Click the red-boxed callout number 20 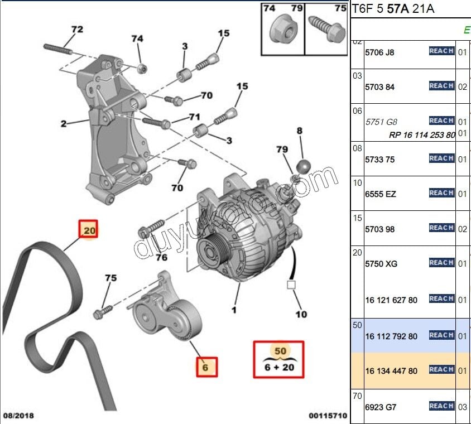[89, 229]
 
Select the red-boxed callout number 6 [205, 367]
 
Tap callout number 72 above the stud [76, 29]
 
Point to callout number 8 [300, 131]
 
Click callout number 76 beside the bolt [161, 257]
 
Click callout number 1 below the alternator [234, 310]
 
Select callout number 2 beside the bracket [64, 124]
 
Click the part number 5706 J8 [379, 52]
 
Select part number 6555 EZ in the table [381, 194]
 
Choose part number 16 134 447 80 [391, 371]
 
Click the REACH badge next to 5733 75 [441, 158]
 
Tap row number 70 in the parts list [357, 396]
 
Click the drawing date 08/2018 [19, 416]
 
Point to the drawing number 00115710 [328, 416]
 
